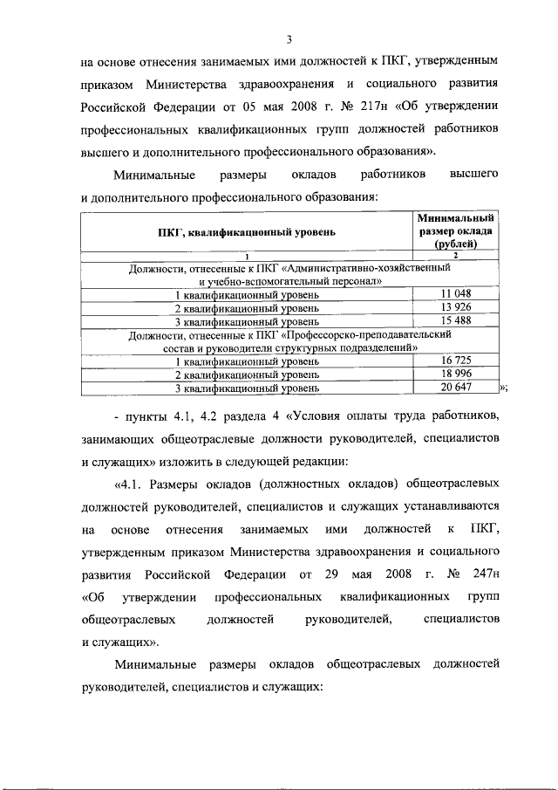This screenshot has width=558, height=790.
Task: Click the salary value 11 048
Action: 456,294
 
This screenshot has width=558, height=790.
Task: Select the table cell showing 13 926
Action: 456,307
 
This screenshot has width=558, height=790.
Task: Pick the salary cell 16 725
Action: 456,360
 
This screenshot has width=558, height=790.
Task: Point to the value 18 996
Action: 456,373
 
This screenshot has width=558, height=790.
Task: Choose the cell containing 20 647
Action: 456,387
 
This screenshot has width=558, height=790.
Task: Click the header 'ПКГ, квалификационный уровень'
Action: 247,232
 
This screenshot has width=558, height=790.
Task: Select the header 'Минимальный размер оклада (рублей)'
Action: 456,231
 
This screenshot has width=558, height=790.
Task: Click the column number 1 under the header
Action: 247,255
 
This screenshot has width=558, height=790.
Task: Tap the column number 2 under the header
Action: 456,255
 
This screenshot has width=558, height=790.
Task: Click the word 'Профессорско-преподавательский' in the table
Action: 389,334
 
